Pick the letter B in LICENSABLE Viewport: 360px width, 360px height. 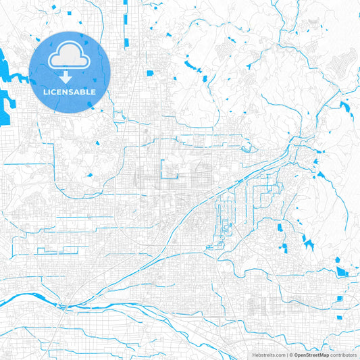pos(84,91)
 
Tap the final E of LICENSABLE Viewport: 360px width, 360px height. pos(94,91)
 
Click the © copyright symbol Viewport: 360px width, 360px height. pos(290,355)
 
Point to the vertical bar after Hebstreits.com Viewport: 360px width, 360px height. pos(286,355)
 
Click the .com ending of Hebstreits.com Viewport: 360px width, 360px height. pos(278,355)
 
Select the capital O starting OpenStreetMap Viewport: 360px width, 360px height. pos(296,355)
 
